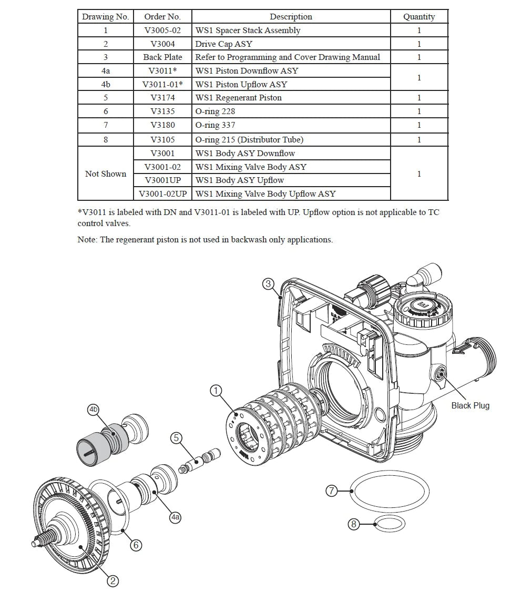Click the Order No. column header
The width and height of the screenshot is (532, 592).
[x=162, y=17]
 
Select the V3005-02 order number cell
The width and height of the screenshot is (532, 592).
[x=162, y=30]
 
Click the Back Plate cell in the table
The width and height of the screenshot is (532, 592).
[x=162, y=57]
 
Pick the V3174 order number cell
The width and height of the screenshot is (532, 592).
[x=162, y=98]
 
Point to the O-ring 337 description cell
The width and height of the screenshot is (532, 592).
[x=215, y=125]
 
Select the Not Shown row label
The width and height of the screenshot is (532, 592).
[x=106, y=174]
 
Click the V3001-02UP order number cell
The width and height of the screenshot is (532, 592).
[x=162, y=194]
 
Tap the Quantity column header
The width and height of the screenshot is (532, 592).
[x=418, y=17]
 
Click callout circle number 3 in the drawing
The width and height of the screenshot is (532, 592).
[x=268, y=284]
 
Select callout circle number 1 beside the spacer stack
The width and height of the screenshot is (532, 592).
[x=216, y=391]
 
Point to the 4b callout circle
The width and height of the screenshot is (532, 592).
[x=94, y=409]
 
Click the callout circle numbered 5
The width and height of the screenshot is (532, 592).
[x=176, y=437]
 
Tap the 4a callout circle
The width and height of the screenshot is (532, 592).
[x=175, y=517]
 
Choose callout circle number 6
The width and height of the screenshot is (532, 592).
[x=136, y=545]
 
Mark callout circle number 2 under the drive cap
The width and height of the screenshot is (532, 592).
[x=113, y=580]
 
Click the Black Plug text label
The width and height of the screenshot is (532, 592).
[x=470, y=405]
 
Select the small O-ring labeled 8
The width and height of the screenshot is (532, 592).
[x=390, y=524]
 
